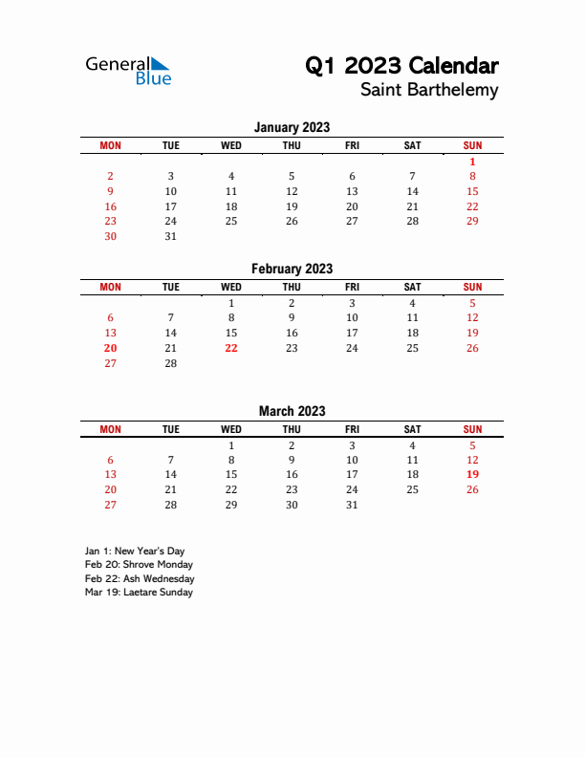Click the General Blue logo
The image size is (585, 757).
tap(128, 70)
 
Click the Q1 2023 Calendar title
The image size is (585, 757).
tap(401, 66)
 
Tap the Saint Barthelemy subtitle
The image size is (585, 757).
tap(429, 90)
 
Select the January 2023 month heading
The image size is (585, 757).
tap(292, 127)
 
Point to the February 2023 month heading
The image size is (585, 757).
tap(292, 269)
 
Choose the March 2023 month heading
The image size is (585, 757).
tap(292, 411)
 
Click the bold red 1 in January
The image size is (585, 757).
tap(472, 162)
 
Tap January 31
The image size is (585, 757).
tap(170, 236)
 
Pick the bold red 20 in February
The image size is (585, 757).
tap(110, 348)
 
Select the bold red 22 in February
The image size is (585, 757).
tap(230, 348)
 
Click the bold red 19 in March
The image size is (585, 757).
tap(472, 474)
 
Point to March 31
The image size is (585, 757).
tap(352, 505)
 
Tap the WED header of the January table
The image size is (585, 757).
tap(230, 145)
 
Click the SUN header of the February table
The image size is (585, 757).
tap(472, 287)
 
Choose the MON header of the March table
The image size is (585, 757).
tap(110, 429)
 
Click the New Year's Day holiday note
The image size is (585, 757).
tap(135, 552)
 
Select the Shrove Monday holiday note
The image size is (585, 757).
tap(139, 565)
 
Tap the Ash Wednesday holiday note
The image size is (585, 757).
tap(140, 578)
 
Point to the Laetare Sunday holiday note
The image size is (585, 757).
tap(139, 592)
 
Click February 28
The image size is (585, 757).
tap(170, 363)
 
